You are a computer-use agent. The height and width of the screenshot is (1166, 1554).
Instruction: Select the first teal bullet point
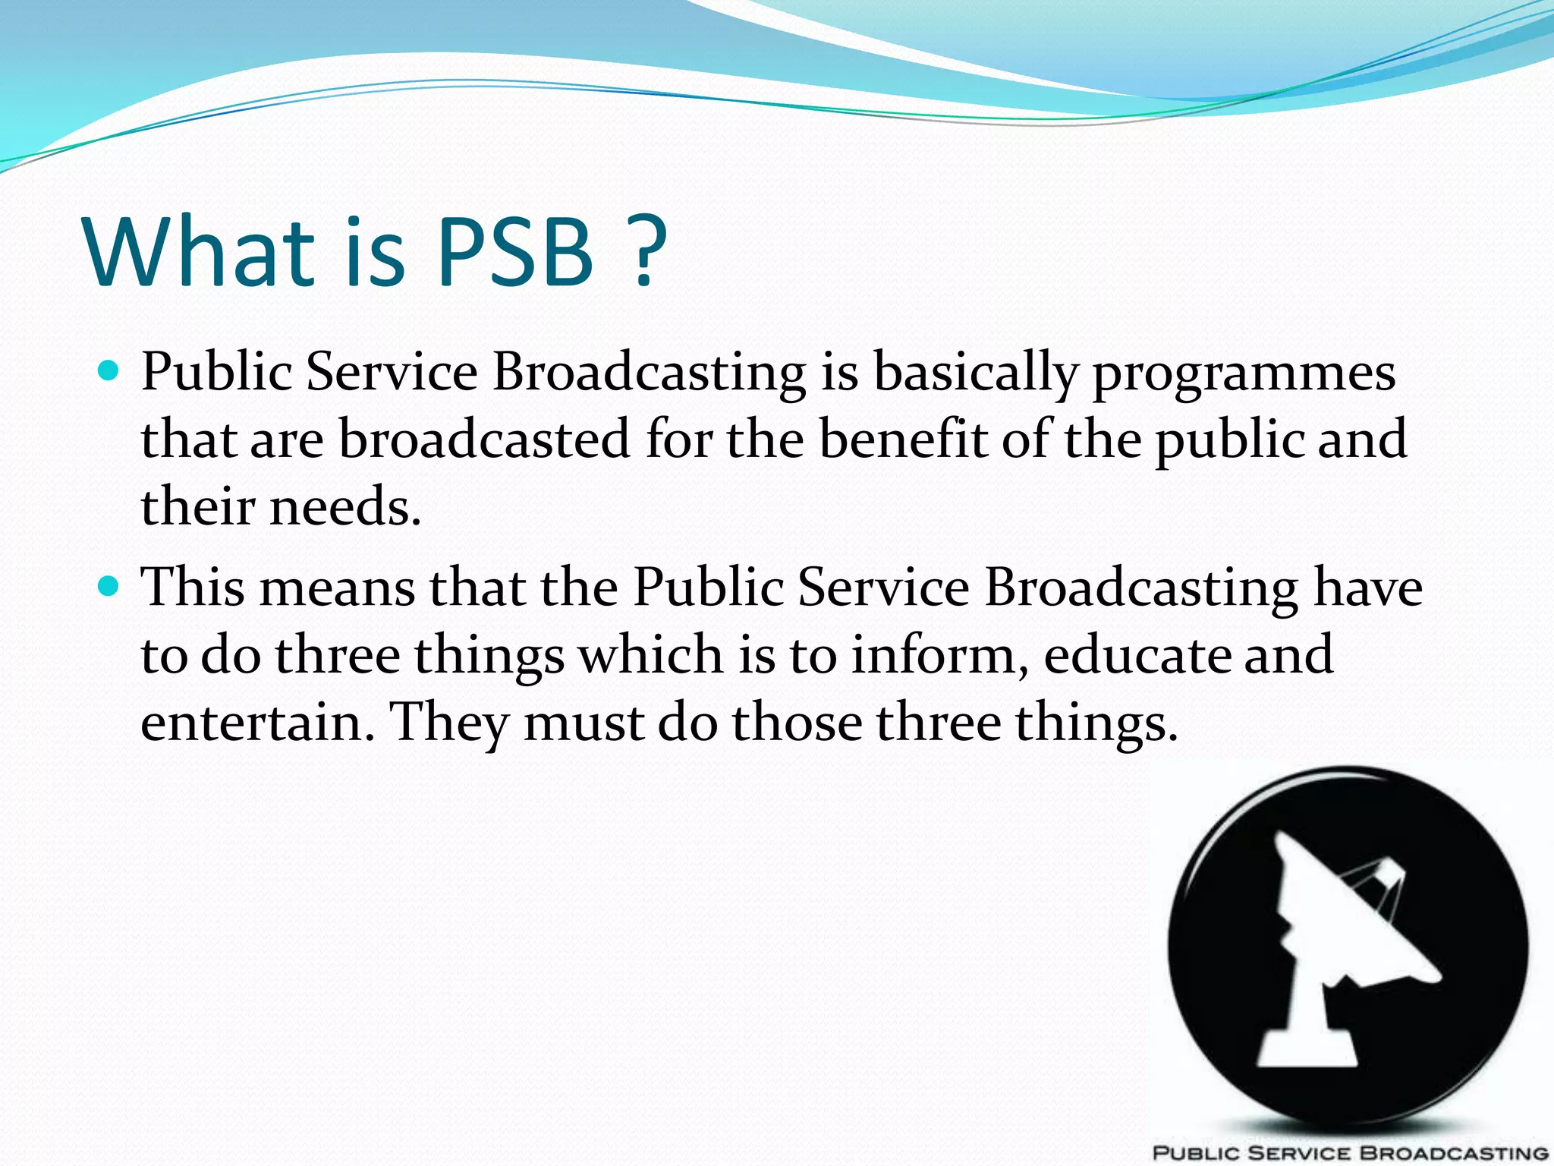click(x=109, y=371)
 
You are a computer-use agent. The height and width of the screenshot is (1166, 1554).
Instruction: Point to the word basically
click(x=976, y=374)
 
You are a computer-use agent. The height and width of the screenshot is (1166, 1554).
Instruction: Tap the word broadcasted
click(x=484, y=440)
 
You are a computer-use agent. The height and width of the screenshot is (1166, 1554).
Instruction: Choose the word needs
click(x=344, y=507)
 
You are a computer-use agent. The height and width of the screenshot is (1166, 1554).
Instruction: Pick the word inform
click(x=938, y=654)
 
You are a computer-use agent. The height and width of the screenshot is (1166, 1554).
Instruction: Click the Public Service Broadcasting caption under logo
click(x=1351, y=1152)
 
